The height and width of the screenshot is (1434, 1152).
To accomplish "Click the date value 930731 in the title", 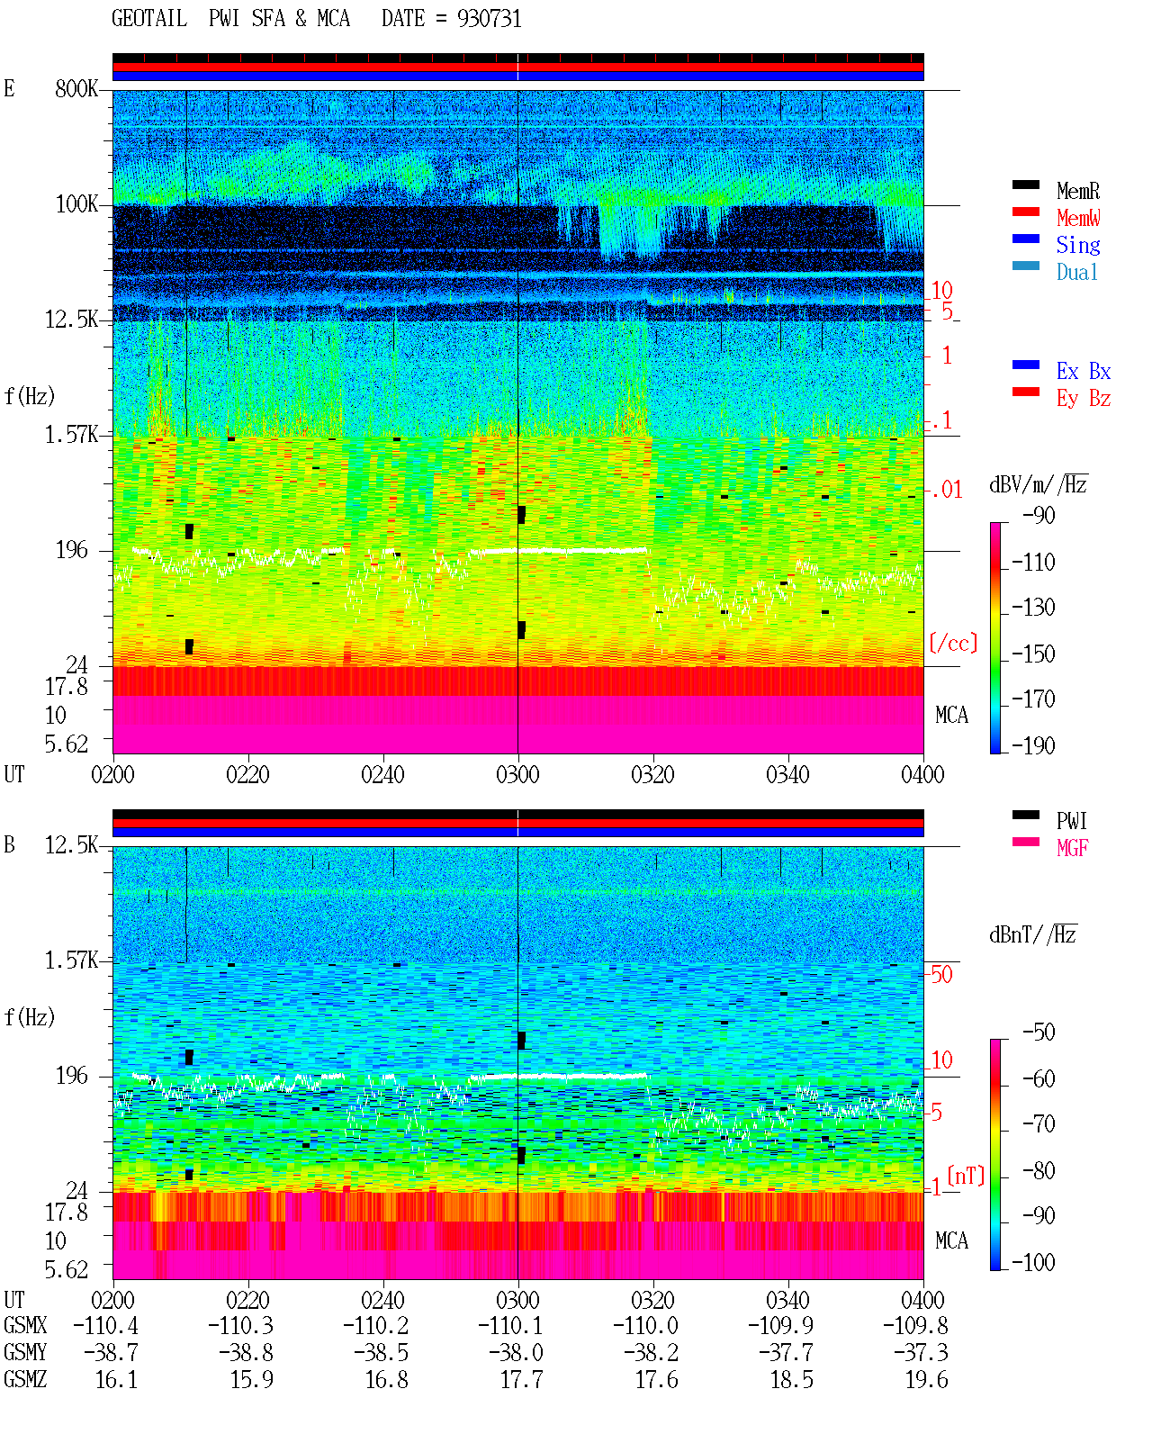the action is (489, 19).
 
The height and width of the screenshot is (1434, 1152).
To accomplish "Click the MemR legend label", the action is (1077, 191).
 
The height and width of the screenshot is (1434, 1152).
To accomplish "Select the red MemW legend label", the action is (1078, 218).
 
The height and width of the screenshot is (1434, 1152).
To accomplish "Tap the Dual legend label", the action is (1076, 272).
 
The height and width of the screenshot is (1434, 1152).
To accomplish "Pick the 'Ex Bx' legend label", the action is (1083, 371).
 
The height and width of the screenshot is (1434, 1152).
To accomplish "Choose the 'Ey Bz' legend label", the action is (1083, 399).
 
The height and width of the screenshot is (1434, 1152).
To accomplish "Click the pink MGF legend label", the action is (1072, 848).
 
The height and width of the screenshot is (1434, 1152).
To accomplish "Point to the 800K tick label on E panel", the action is (76, 89).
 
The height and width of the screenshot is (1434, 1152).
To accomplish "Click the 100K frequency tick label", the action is (76, 204).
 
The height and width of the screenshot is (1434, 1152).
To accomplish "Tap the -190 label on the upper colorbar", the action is (1033, 745).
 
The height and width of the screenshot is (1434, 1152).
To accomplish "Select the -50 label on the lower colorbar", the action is (1039, 1033).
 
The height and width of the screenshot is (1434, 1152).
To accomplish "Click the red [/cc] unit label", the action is (953, 643).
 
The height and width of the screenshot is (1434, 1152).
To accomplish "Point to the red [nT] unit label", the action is (966, 1176).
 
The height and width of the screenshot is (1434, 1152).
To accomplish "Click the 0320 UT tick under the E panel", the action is (652, 775).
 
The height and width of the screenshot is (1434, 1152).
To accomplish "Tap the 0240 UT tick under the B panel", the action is (382, 1300).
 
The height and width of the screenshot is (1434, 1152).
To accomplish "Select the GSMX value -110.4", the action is (106, 1326).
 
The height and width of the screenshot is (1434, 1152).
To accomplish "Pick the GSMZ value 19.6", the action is (926, 1380).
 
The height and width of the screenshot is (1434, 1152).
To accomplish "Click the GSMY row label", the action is (25, 1353).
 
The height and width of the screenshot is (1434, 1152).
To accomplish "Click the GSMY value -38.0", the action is (516, 1353).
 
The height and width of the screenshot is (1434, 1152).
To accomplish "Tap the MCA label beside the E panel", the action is (951, 716).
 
